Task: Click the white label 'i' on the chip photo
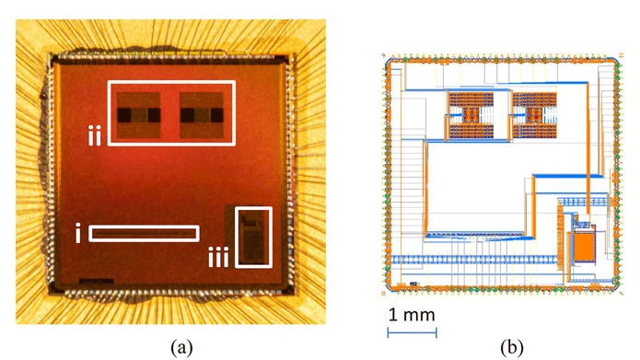tap(77, 234)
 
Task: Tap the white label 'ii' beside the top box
tap(94, 137)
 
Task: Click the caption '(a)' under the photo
tap(180, 347)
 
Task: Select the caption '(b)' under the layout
tap(512, 347)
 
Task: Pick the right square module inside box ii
tap(204, 114)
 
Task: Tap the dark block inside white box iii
tap(251, 241)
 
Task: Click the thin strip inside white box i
tap(145, 234)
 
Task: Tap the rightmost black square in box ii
tap(218, 115)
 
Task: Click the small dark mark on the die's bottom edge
tap(96, 278)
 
